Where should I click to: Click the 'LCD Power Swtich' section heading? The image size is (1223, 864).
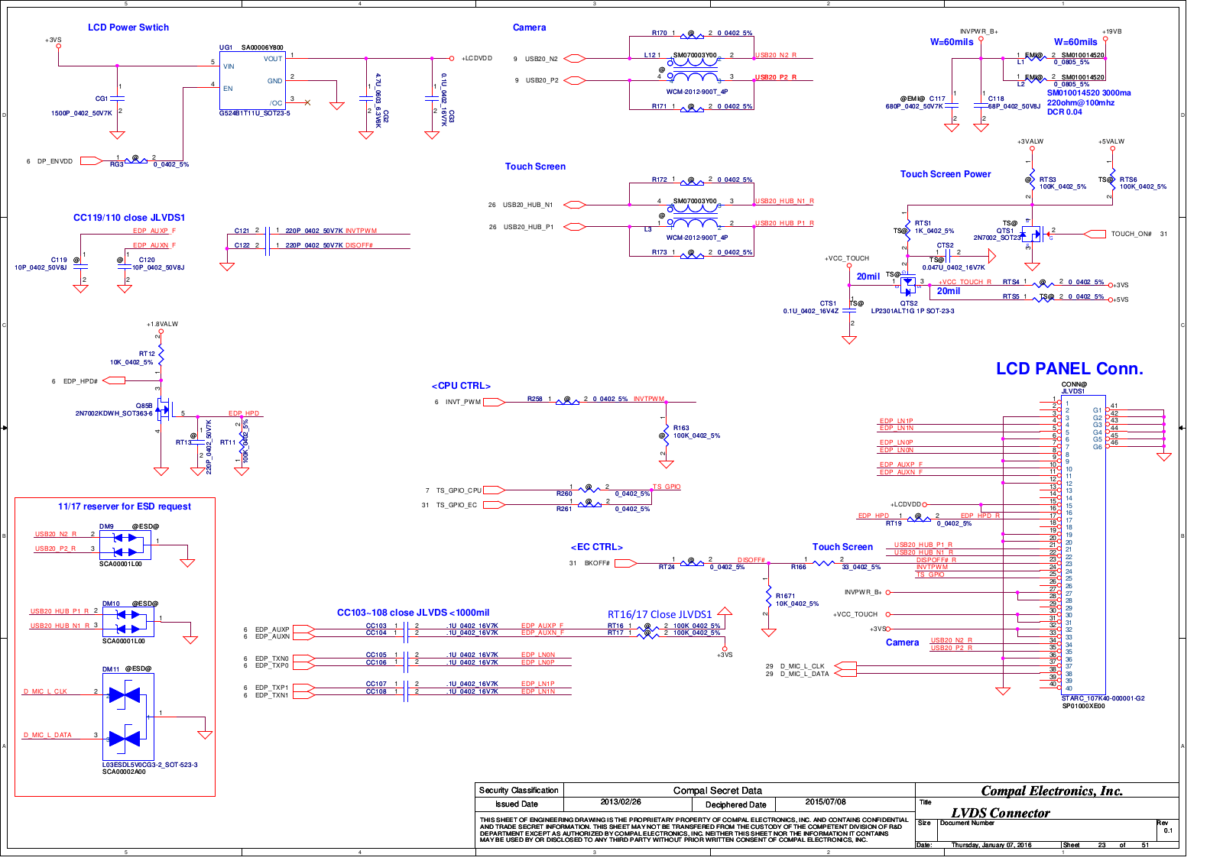tap(128, 28)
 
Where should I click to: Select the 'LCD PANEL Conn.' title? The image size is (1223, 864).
tap(1069, 369)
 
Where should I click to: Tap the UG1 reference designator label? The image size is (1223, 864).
tap(225, 47)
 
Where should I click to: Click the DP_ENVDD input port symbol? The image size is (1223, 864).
tap(90, 161)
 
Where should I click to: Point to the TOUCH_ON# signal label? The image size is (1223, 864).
tap(1131, 234)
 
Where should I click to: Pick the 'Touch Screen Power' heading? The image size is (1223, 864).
tap(945, 174)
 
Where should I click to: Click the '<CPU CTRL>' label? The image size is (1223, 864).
tap(461, 386)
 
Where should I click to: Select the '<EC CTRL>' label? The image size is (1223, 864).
tap(596, 547)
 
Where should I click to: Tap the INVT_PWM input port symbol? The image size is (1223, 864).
tap(493, 402)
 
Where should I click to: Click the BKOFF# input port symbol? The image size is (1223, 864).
tap(624, 563)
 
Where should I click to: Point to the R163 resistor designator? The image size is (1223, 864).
tap(681, 428)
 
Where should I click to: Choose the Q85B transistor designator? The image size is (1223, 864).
tap(144, 406)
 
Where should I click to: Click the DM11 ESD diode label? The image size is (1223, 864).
tap(111, 669)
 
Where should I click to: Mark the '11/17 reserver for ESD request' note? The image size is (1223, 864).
tap(125, 506)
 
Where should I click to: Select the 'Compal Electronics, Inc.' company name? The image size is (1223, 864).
tap(1052, 791)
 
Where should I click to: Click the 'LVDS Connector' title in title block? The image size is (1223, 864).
tap(1000, 813)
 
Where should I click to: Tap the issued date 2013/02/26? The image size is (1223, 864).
tap(621, 802)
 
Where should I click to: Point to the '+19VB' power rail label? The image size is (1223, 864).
tap(1111, 31)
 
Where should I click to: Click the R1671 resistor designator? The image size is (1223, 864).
tap(785, 596)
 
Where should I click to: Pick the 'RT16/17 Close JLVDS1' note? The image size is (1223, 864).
tap(659, 614)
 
